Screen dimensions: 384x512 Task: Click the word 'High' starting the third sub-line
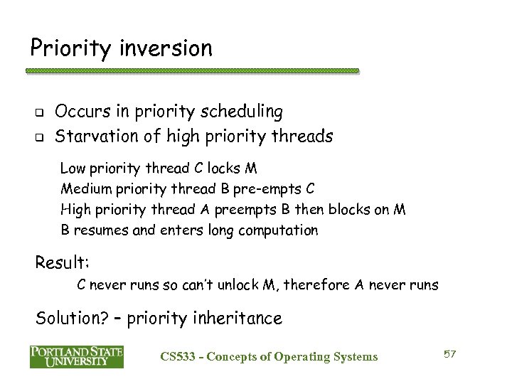tap(75, 210)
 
